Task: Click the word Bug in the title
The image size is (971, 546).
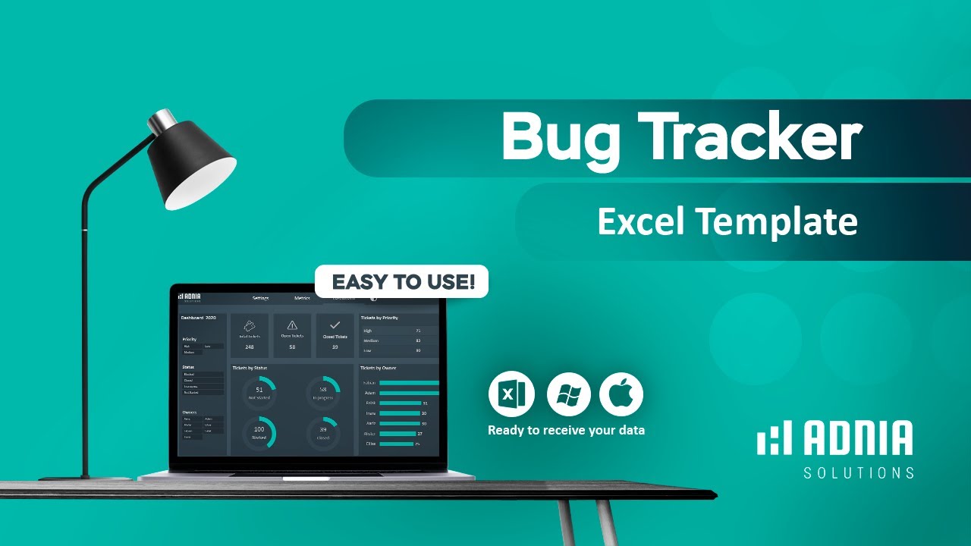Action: pos(558,136)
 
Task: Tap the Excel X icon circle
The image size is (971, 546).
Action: pos(511,394)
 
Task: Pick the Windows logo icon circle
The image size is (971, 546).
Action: pos(568,394)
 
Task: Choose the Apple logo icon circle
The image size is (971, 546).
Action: pos(621,394)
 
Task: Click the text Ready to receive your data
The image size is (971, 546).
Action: pos(566,430)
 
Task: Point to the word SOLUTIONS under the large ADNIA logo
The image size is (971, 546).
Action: pos(859,473)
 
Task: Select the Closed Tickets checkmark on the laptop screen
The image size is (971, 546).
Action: pos(335,325)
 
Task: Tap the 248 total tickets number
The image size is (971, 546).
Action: pos(249,347)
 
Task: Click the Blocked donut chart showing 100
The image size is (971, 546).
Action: pos(259,432)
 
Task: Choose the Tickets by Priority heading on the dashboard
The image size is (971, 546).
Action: pos(379,318)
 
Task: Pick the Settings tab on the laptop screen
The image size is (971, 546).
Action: pos(260,298)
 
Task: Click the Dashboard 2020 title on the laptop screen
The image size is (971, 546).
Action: pos(199,318)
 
